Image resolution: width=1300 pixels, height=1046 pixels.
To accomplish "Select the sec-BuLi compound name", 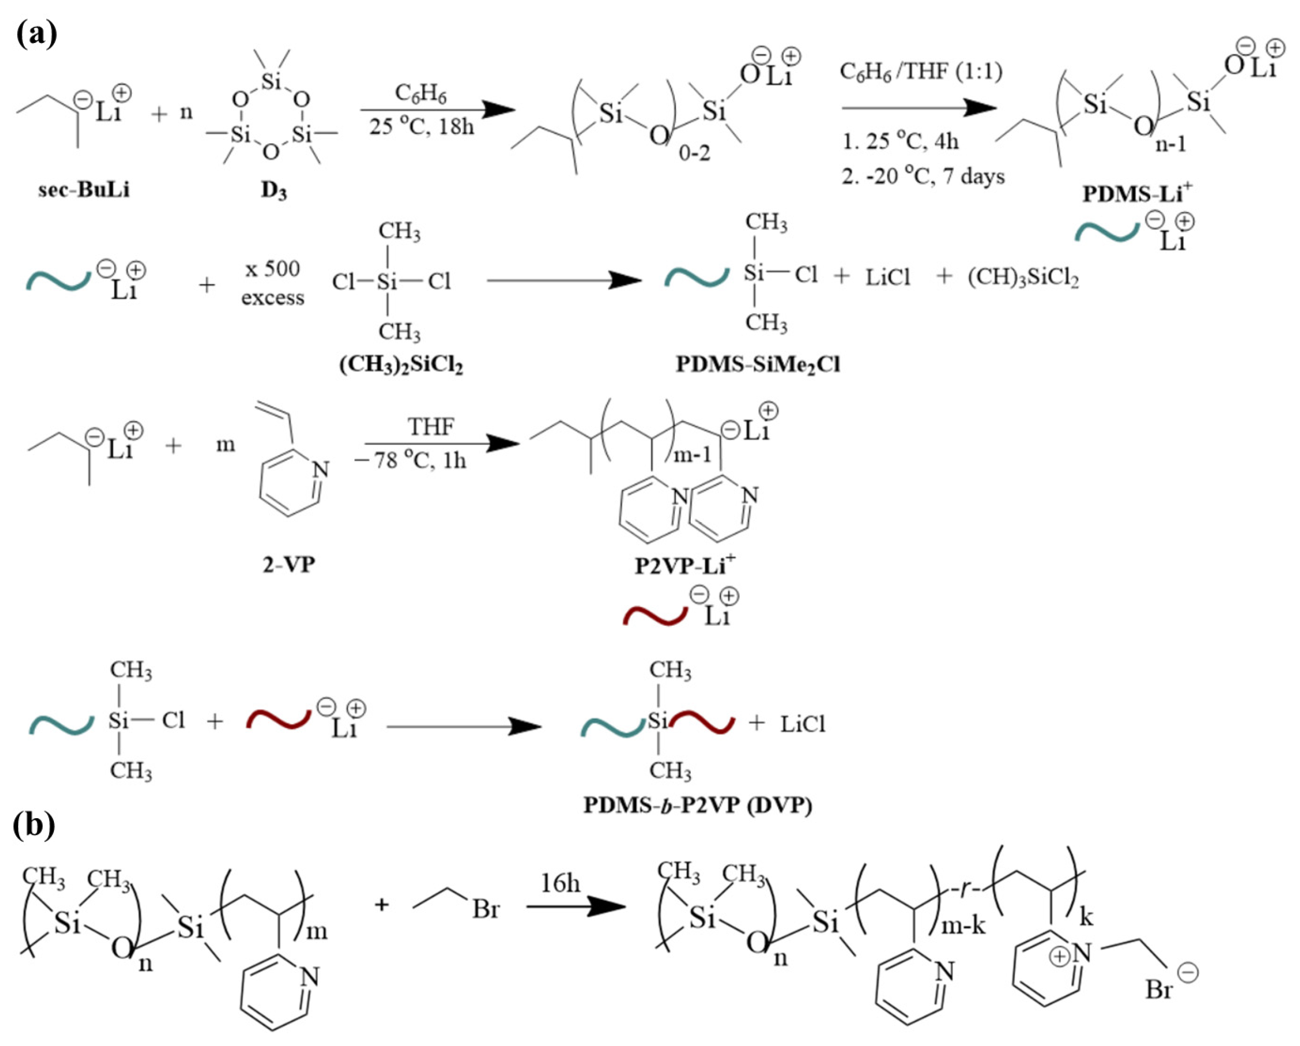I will pyautogui.click(x=84, y=190).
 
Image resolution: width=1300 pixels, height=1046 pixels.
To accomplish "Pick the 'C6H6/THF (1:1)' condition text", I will pyautogui.click(x=921, y=72).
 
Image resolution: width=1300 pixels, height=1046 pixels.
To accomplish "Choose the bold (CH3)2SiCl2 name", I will pyautogui.click(x=401, y=365).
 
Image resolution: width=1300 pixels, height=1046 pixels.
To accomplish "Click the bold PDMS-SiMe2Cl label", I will pyautogui.click(x=758, y=365).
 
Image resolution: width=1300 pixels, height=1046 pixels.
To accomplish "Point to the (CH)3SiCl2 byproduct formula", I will pyautogui.click(x=1023, y=278).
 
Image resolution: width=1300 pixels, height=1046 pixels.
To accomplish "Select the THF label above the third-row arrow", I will pyautogui.click(x=431, y=426).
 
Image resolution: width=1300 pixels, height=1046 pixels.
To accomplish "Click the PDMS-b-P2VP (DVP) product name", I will pyautogui.click(x=698, y=805).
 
